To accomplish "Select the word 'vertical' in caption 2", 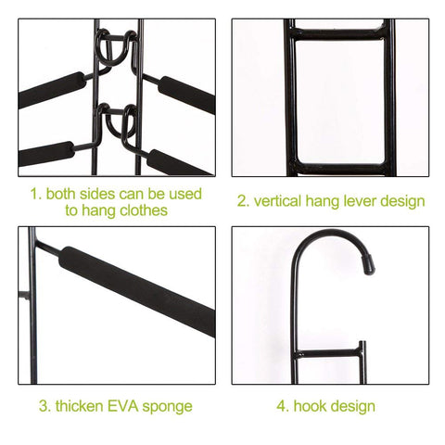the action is (277, 201).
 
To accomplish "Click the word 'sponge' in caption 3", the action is (167, 407).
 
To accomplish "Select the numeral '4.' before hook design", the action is (283, 406).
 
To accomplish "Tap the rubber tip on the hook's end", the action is (368, 265).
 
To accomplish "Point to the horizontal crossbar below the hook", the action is (328, 353).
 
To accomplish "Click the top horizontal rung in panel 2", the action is (339, 33).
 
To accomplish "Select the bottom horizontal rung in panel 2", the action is (339, 169).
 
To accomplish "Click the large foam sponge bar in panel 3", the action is (137, 291).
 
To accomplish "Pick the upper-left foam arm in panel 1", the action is (52, 90).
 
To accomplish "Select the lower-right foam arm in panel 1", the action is (180, 163).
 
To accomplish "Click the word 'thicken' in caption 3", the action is (80, 406).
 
